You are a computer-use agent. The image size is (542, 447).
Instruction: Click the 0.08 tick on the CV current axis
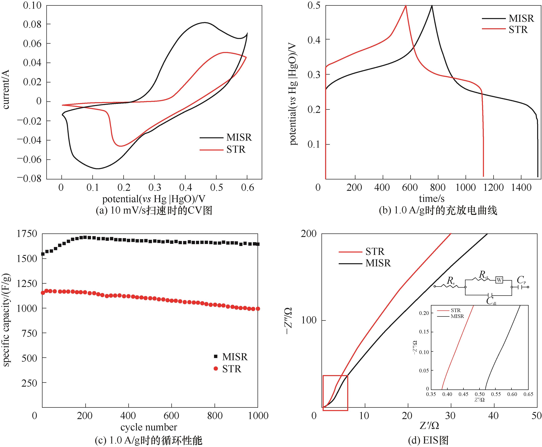pyautogui.click(x=32, y=24)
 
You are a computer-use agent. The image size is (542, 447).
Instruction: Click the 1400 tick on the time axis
pyautogui.click(x=521, y=187)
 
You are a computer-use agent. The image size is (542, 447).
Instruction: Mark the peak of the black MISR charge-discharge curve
pyautogui.click(x=432, y=6)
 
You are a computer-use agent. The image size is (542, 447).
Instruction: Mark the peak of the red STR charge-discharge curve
pyautogui.click(x=406, y=6)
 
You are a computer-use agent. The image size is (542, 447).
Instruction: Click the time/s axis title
pyautogui.click(x=432, y=198)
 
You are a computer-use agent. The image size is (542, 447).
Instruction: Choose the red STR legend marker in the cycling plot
pyautogui.click(x=216, y=369)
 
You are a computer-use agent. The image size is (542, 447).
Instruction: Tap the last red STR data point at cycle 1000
pyautogui.click(x=257, y=309)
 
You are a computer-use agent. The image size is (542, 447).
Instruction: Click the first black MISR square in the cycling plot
pyautogui.click(x=43, y=254)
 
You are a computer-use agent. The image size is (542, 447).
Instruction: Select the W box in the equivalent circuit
pyautogui.click(x=499, y=280)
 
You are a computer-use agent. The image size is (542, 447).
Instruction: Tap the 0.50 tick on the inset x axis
pyautogui.click(x=479, y=394)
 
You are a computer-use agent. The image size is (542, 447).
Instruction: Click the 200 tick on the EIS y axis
pyautogui.click(x=308, y=234)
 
